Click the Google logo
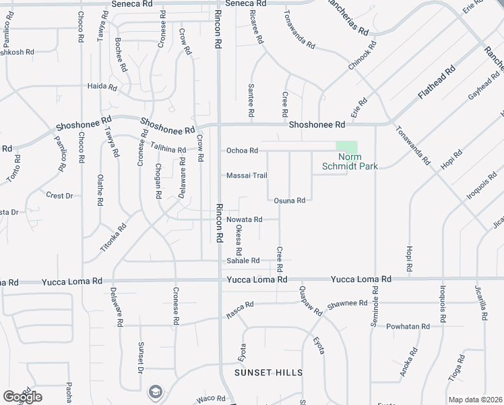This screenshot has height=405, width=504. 22,397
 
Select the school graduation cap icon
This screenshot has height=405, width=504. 155,391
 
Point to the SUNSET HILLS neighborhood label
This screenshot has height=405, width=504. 268,373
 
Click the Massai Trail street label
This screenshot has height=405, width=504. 247,175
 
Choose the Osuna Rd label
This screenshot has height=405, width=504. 290,200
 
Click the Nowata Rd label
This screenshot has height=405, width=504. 244,219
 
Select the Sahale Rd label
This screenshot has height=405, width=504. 243,261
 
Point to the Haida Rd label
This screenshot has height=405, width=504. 102,87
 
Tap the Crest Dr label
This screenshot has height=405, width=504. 59,196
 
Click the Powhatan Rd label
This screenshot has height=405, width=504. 408,327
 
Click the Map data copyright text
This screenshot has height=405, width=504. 476,400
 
